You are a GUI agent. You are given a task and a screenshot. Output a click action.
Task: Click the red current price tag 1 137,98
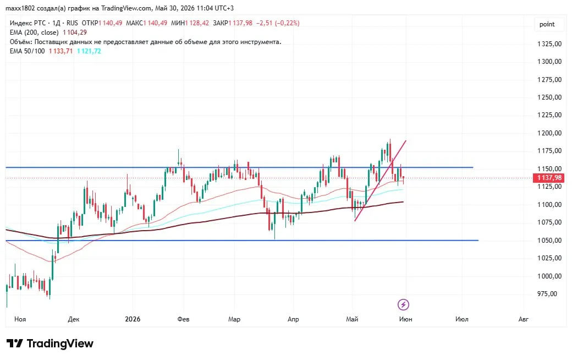click(x=549, y=178)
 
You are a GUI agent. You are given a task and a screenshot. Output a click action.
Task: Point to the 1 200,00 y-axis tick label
click(x=549, y=133)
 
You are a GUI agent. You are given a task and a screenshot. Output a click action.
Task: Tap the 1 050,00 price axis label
click(x=549, y=240)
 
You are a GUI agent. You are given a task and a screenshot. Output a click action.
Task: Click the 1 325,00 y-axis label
click(x=549, y=44)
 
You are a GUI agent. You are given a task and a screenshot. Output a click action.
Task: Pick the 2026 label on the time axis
click(x=133, y=319)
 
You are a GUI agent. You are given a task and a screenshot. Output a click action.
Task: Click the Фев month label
click(x=183, y=319)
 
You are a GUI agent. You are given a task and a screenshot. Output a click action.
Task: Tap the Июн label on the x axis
click(x=406, y=319)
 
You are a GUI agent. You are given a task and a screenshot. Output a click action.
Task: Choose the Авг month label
click(x=523, y=319)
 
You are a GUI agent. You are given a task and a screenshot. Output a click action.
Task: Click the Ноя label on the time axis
click(x=20, y=319)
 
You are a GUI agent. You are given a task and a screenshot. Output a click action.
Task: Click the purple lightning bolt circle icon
click(x=403, y=304)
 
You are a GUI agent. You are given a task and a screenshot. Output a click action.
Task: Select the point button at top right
click(x=547, y=24)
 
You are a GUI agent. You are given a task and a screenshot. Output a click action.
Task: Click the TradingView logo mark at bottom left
click(x=15, y=343)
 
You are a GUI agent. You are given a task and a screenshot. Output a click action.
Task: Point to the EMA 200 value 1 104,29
click(x=75, y=32)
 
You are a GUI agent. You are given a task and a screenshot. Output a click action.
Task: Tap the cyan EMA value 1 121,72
click(x=89, y=51)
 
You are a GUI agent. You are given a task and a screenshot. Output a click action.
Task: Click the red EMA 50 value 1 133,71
click(x=61, y=51)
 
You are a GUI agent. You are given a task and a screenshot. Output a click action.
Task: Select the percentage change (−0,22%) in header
click(x=287, y=23)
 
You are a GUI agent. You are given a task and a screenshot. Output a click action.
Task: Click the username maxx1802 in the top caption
click(x=20, y=8)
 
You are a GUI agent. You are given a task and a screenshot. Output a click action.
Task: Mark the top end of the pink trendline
click(x=406, y=140)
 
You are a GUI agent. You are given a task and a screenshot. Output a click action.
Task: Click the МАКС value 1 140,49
click(x=155, y=23)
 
